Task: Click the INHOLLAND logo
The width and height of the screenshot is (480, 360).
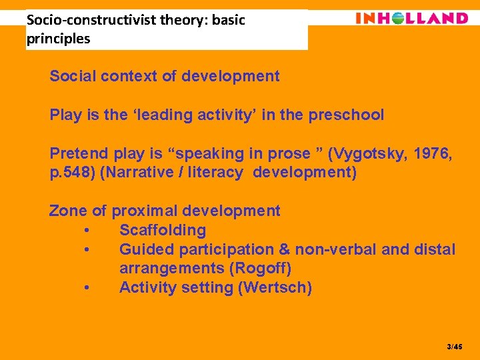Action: click(411, 18)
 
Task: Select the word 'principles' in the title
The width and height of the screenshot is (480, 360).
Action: click(58, 39)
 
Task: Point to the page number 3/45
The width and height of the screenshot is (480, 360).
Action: click(454, 347)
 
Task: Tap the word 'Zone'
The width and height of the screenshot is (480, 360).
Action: click(68, 211)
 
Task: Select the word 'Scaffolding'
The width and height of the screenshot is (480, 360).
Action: click(163, 231)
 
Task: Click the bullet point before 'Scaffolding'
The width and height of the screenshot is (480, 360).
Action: click(88, 231)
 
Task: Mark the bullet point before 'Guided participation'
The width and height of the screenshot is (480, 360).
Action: click(88, 250)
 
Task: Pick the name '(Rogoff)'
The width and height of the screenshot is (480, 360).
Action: click(260, 269)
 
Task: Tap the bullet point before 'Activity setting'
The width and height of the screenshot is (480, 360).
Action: click(88, 288)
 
